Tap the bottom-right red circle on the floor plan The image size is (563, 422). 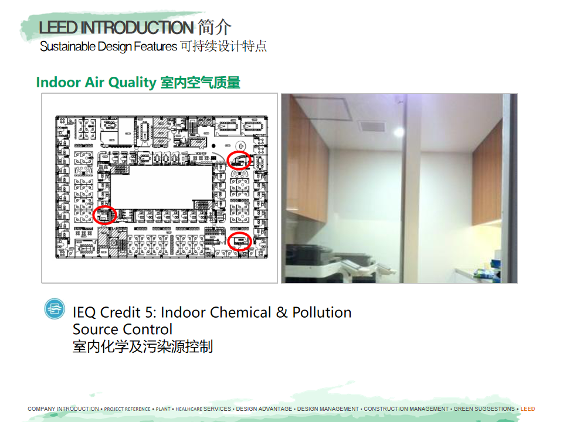point(228,241)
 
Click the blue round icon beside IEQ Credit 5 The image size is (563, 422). point(55,309)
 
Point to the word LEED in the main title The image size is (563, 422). point(58,28)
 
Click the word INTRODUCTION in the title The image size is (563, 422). point(137,28)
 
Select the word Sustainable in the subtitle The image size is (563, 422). point(68,47)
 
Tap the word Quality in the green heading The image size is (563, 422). point(132,83)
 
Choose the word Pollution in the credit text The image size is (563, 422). point(322,312)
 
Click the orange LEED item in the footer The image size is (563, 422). point(527,409)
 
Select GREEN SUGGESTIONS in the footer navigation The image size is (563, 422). point(484,409)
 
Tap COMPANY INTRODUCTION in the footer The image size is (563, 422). point(63,409)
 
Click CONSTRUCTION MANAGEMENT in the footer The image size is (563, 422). point(406,409)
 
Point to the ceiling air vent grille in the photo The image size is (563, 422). point(372,126)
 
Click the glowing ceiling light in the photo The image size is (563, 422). point(399,132)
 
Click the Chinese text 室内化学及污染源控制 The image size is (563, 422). point(143,346)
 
